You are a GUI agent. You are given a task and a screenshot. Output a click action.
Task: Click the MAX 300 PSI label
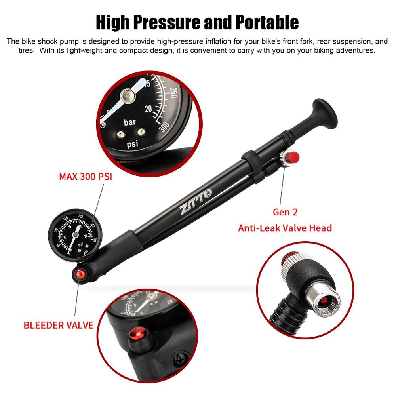86,176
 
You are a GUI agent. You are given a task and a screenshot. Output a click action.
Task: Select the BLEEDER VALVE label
59,325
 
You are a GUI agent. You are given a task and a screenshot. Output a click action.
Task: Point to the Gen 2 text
285,212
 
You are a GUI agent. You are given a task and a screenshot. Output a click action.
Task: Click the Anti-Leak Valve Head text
285,228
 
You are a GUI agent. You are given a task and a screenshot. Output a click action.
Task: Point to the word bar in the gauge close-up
129,122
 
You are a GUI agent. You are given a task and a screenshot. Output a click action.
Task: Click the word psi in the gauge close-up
133,144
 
